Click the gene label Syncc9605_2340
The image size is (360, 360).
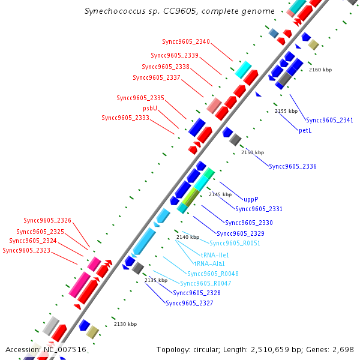[186, 41]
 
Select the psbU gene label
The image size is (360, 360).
[150, 108]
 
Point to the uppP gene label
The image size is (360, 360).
[251, 199]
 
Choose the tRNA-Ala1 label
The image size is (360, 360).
[209, 263]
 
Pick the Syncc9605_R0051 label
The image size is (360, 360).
[235, 243]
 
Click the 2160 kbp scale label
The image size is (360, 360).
[320, 70]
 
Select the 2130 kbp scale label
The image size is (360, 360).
[125, 324]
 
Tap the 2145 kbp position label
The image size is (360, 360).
[220, 194]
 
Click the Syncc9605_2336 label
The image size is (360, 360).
[293, 166]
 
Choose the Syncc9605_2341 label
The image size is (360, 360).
[329, 120]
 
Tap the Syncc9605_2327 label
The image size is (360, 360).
[189, 303]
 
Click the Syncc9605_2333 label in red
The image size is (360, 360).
[125, 118]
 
